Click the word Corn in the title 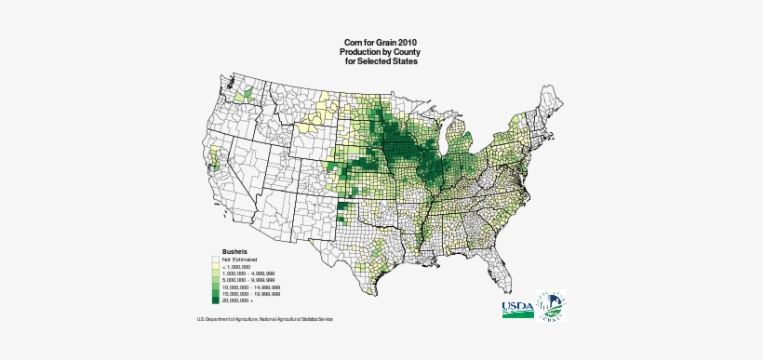click(354, 43)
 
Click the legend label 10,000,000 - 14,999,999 click(252, 287)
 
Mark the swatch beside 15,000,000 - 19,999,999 click(215, 295)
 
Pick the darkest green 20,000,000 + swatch click(215, 302)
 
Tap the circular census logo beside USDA click(549, 308)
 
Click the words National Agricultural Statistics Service click(297, 319)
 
